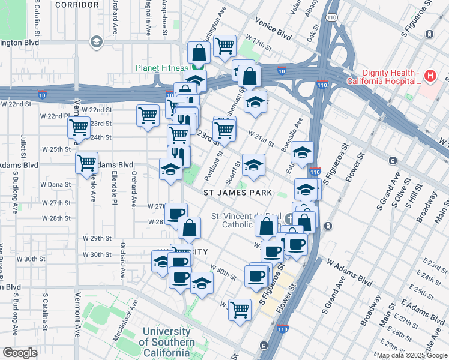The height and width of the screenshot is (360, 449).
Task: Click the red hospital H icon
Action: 430,76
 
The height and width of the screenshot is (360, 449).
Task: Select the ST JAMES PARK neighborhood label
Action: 238,193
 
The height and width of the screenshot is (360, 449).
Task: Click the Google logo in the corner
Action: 20,353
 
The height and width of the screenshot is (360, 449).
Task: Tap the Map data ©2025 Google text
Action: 412,355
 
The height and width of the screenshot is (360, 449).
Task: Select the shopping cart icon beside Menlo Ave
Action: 87,162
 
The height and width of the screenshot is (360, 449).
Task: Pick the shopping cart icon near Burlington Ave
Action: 224,44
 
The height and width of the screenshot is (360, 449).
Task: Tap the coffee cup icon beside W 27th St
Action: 176,213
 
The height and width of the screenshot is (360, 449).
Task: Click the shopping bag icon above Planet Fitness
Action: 198,52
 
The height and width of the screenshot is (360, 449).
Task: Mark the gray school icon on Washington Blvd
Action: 96,41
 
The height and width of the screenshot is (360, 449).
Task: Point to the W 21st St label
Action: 261,142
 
